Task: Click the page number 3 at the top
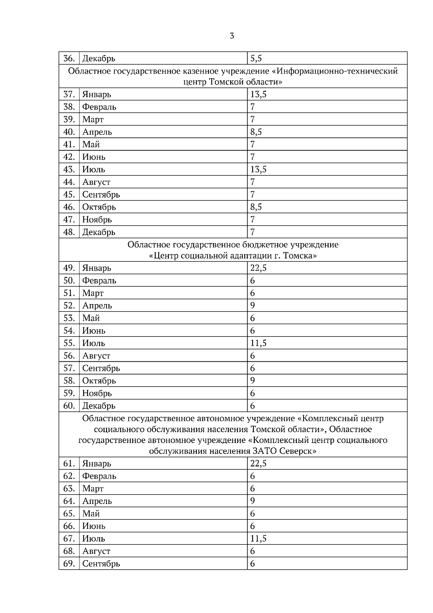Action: coord(232,36)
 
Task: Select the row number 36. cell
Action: coord(69,58)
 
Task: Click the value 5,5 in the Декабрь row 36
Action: coord(256,58)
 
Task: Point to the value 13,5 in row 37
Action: coord(258,95)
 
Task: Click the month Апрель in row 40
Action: coord(97,132)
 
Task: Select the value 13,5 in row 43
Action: coord(258,169)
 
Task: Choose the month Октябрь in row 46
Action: coord(99,207)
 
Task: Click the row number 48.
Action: coord(69,232)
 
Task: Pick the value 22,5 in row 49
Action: coord(258,268)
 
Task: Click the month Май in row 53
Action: coord(91,318)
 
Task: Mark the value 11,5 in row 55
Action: coord(258,343)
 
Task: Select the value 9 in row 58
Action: coord(253,381)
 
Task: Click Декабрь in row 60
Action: coord(99,406)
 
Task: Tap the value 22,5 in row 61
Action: coord(258,464)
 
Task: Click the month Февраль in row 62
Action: coord(99,476)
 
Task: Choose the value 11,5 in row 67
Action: coord(258,539)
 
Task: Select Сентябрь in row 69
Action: coord(101,564)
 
